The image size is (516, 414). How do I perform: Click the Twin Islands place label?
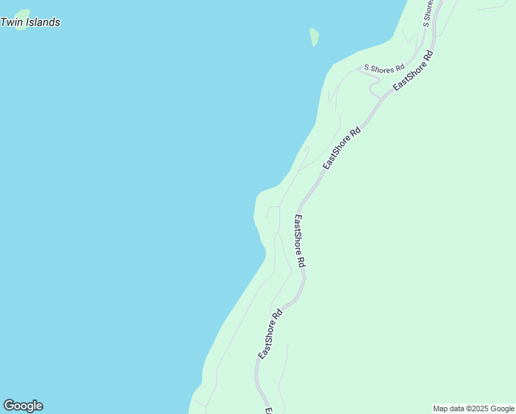coord(30,22)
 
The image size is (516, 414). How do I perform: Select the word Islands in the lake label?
coord(42,22)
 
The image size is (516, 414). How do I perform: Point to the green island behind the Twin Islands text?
coord(23,14)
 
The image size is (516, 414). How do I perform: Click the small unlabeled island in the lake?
coord(315,37)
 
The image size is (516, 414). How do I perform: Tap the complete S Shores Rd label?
coord(384,68)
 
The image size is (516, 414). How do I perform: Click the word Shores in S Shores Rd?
coord(382,68)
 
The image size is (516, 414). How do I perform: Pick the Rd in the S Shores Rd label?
coord(399,68)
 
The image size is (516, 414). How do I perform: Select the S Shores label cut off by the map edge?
coord(427,14)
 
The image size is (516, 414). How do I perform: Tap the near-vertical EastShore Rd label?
coord(299,241)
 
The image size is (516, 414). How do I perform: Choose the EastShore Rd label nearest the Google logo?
coord(270,334)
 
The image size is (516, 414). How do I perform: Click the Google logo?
coord(23,406)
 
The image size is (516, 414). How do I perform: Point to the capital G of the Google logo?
coord(9,406)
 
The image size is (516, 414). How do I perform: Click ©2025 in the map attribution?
coord(477,408)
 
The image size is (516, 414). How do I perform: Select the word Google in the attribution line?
coord(502,408)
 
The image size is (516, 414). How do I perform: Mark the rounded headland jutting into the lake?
coord(261,207)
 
